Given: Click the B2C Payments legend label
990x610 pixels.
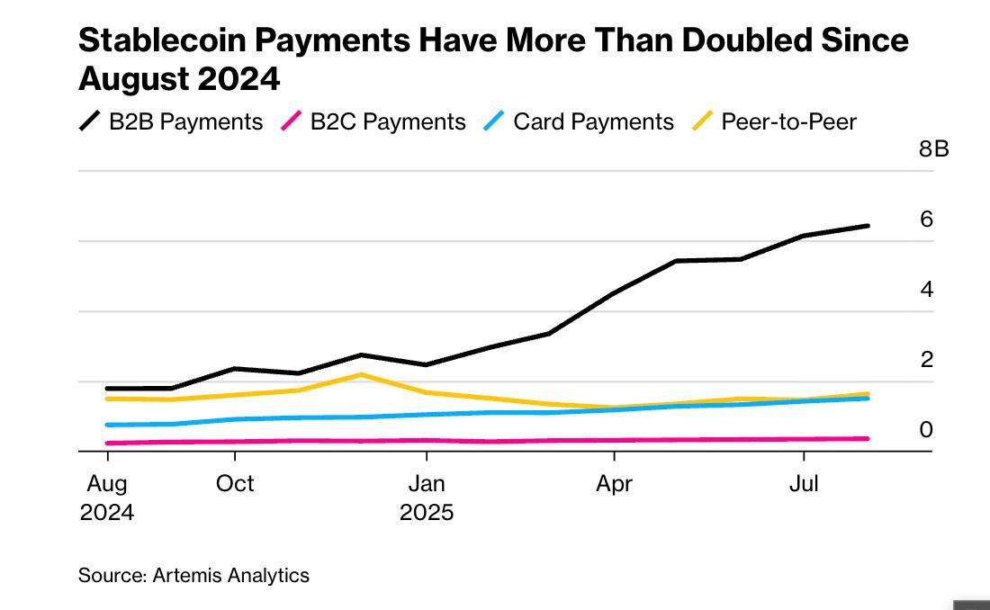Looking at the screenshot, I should (388, 121).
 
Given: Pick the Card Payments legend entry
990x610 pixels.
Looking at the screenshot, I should (593, 121).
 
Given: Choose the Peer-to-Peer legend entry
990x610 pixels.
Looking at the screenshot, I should (788, 121).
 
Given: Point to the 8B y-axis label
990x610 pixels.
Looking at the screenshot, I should (933, 148).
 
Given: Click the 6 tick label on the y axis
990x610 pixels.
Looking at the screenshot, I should (926, 220).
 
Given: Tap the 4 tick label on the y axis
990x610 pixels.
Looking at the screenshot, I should (926, 290).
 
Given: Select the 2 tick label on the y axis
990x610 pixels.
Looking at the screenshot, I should (926, 360).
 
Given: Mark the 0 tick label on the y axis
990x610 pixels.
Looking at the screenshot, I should (926, 430).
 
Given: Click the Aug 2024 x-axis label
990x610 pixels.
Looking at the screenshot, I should (106, 498).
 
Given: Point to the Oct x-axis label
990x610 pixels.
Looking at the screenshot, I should (235, 483).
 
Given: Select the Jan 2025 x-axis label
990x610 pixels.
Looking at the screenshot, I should (426, 498).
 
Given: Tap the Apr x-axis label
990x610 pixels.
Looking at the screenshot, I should (614, 483).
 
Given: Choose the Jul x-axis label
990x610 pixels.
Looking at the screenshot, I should (803, 483).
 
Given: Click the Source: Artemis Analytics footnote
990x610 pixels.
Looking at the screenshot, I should (193, 575).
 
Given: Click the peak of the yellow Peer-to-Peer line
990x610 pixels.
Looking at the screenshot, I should (361, 374).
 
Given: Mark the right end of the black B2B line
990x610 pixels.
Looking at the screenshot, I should (868, 225).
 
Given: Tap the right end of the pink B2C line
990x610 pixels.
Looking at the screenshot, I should (868, 438).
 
